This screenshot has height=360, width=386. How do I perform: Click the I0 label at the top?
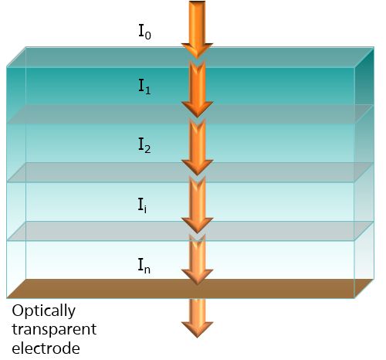[x=144, y=32]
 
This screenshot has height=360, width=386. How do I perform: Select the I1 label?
[x=144, y=87]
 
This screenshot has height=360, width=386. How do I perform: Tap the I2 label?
[x=144, y=145]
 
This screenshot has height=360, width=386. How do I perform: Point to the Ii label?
[x=142, y=205]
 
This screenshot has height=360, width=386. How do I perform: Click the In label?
[x=144, y=266]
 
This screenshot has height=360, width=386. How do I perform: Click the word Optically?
[x=43, y=311]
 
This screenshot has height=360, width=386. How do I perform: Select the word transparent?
[x=54, y=330]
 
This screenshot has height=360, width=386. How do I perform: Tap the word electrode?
[x=46, y=348]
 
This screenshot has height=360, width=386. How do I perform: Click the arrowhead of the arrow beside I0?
[x=197, y=50]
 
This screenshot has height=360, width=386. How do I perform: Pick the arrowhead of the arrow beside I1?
[x=197, y=109]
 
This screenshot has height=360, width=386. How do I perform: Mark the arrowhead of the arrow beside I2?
[x=197, y=167]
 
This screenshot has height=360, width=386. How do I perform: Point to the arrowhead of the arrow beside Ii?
[x=197, y=225]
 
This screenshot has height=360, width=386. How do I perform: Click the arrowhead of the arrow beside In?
[x=197, y=277]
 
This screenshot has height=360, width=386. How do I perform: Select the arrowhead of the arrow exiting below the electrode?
[x=197, y=330]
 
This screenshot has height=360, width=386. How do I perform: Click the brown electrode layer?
[x=191, y=289]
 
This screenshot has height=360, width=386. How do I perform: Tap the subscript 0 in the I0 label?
[x=147, y=36]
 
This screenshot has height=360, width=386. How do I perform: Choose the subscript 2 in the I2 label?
[x=147, y=149]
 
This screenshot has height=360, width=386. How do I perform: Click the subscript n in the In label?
[x=147, y=270]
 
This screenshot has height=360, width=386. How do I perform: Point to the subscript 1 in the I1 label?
[x=147, y=90]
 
